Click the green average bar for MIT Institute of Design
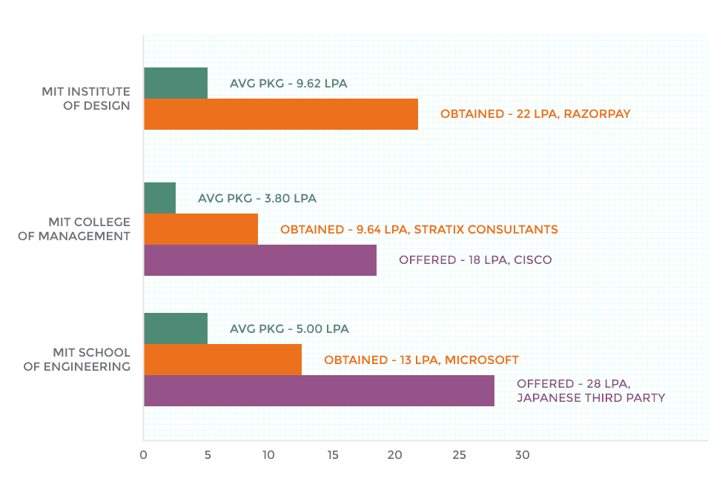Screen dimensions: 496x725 pyautogui.click(x=176, y=83)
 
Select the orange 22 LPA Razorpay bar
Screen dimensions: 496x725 pyautogui.click(x=281, y=114)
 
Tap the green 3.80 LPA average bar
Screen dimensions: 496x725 pyautogui.click(x=160, y=198)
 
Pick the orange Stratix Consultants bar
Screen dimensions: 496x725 pyautogui.click(x=201, y=229)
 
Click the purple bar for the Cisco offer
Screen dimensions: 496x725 pyautogui.click(x=260, y=260)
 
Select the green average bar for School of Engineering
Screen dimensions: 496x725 pyautogui.click(x=176, y=328)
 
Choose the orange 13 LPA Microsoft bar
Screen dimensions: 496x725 pyautogui.click(x=222, y=360)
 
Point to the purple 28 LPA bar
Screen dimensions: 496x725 pyautogui.click(x=319, y=391)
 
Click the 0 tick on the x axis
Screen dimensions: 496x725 pyautogui.click(x=144, y=455)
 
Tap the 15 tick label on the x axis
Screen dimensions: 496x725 pyautogui.click(x=333, y=455)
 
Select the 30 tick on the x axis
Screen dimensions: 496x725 pyautogui.click(x=522, y=455)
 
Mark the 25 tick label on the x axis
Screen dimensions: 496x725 pyautogui.click(x=459, y=455)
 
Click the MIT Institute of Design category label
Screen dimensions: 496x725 pyautogui.click(x=86, y=99)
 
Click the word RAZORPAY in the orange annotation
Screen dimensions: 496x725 pyautogui.click(x=597, y=114)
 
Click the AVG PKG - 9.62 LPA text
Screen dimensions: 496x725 pyautogui.click(x=288, y=84)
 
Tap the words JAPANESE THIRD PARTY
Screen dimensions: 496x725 pyautogui.click(x=591, y=398)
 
